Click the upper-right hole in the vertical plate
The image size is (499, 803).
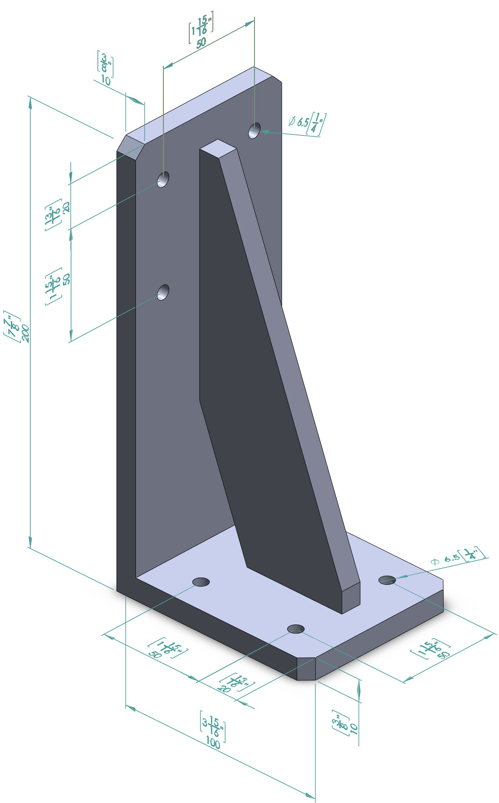point(254,130)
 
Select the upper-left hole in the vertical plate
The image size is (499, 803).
point(163,179)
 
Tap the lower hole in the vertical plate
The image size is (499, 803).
point(163,292)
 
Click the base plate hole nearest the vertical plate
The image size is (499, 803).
point(201,582)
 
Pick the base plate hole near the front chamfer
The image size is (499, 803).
point(296,628)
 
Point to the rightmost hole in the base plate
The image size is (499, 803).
point(387,580)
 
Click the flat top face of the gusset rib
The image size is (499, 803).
point(219,148)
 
